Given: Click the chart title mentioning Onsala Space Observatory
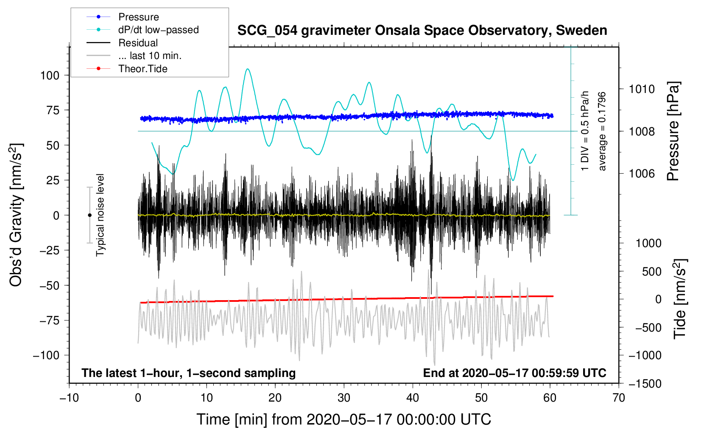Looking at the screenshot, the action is (422, 31).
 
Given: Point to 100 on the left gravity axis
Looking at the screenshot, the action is (50, 76).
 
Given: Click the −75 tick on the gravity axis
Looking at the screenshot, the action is (49, 321).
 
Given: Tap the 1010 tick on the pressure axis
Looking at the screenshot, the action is (642, 89).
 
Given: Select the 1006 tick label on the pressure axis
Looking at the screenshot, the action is (642, 173).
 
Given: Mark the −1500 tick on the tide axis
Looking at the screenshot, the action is (645, 384).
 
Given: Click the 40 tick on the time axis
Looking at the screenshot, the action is (412, 398).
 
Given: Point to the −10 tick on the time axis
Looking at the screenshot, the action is (69, 398).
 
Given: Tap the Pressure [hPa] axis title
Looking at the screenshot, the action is (673, 131).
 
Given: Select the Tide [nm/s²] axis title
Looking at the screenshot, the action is (680, 299).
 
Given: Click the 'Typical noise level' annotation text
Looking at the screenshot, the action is (100, 215).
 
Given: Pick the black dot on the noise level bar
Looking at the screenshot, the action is (89, 215).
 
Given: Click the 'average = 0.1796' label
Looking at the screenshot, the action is (602, 131).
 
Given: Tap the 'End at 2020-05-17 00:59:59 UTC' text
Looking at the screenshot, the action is (514, 373).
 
